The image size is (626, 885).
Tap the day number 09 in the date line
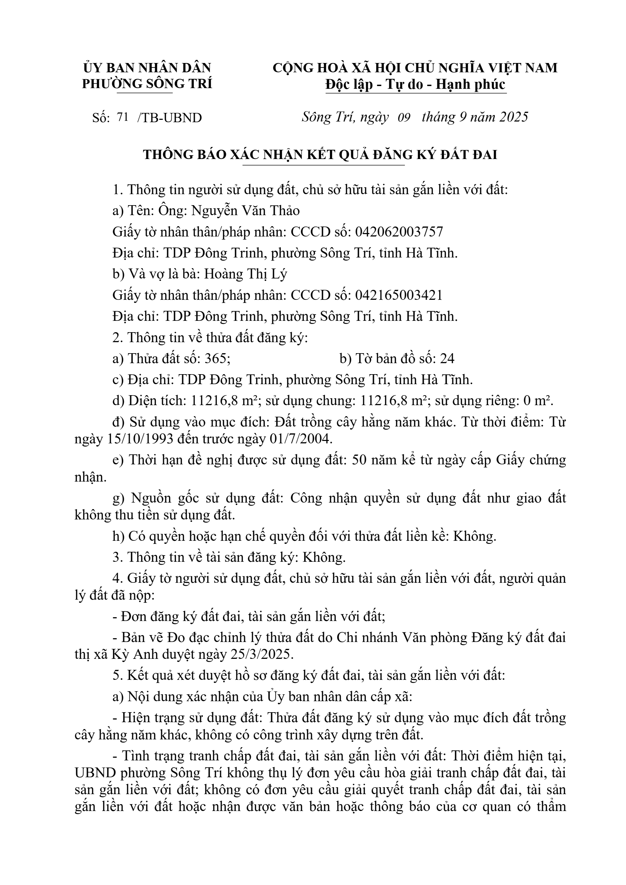(404, 117)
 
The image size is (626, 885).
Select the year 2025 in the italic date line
(513, 117)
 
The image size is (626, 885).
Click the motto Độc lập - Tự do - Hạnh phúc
(415, 84)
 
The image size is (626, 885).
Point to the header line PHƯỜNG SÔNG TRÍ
(147, 84)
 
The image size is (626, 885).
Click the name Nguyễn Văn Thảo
(246, 211)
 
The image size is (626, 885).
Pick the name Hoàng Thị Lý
(246, 274)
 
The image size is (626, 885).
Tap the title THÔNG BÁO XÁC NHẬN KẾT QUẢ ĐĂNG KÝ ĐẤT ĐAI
(320, 155)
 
